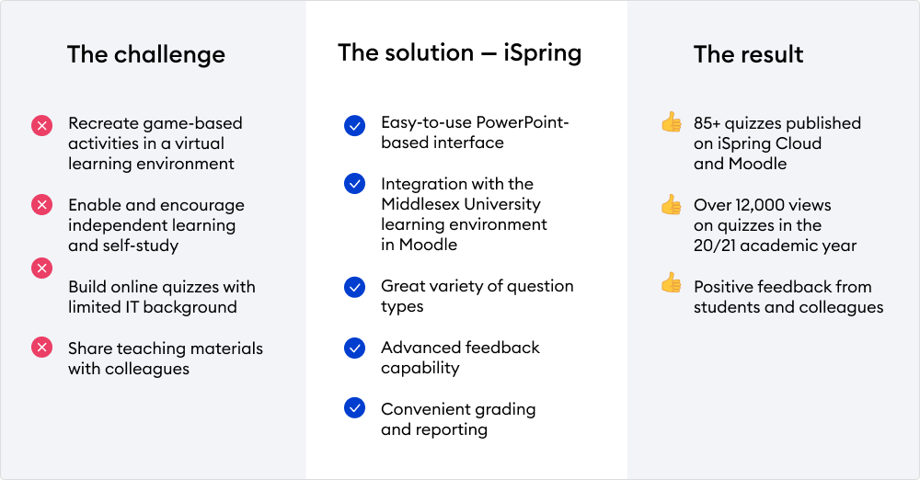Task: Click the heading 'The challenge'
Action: (x=146, y=54)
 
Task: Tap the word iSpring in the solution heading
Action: (x=543, y=53)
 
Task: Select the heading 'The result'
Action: (x=748, y=54)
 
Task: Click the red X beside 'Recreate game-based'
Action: (x=41, y=126)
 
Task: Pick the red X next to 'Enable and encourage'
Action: (x=41, y=205)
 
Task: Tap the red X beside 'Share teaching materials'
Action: (x=41, y=348)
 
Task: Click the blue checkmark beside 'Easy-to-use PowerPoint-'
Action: (x=354, y=126)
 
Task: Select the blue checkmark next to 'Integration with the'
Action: (x=354, y=184)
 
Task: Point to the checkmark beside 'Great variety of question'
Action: (x=354, y=287)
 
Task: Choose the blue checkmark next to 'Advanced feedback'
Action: (x=354, y=348)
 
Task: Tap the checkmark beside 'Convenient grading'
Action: (x=354, y=408)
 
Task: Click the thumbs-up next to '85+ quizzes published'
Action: (x=672, y=122)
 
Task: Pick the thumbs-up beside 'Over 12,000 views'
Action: (x=672, y=204)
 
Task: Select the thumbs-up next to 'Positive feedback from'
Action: (x=672, y=282)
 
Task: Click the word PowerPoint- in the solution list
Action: (x=523, y=122)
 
